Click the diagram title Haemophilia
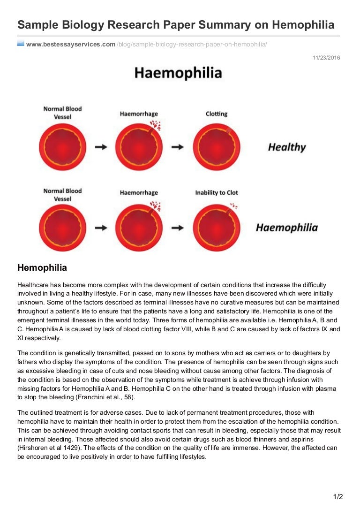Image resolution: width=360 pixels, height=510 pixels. click(178, 73)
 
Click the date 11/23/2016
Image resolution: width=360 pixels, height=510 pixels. click(326, 58)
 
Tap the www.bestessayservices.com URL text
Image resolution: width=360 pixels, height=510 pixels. click(71, 44)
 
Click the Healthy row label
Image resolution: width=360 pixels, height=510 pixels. click(286, 147)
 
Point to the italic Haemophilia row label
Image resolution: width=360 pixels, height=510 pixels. click(286, 228)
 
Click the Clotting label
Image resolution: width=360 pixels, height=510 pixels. click(217, 114)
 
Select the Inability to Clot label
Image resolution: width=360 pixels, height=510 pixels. click(217, 192)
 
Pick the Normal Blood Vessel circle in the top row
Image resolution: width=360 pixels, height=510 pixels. click(62, 147)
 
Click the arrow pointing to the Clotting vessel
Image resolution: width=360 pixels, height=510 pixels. click(178, 147)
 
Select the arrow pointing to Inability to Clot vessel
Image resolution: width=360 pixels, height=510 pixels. click(178, 228)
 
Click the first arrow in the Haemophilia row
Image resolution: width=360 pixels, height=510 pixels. click(101, 228)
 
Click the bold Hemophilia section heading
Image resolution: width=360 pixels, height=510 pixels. click(42, 268)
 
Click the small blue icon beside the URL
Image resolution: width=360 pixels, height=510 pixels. click(21, 44)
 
